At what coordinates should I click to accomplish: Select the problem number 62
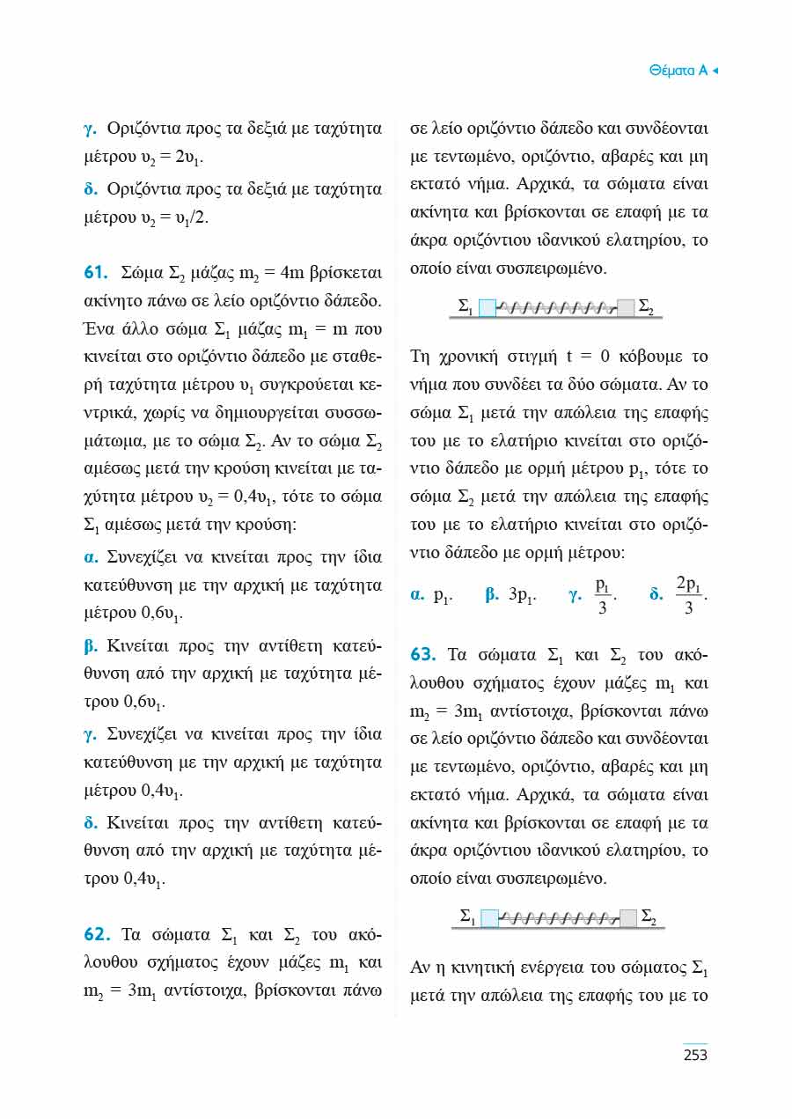(94, 933)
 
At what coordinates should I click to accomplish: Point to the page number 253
(695, 1055)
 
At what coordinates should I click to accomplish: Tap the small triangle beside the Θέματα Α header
(715, 70)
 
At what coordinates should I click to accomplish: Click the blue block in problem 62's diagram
(488, 307)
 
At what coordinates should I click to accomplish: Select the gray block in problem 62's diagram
(626, 307)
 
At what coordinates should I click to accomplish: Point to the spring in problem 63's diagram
(557, 919)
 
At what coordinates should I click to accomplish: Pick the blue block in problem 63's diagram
(489, 919)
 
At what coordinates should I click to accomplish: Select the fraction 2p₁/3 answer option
(691, 596)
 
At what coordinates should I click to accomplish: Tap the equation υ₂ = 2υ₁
(169, 158)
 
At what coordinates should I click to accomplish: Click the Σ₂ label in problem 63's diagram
(648, 917)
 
